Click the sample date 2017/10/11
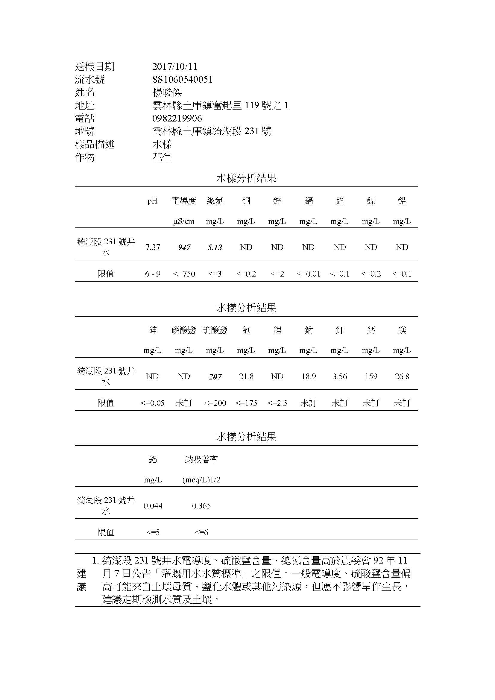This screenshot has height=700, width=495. [175, 66]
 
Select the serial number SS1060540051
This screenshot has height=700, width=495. [182, 80]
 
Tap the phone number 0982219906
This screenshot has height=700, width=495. [177, 118]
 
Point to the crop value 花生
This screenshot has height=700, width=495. [162, 157]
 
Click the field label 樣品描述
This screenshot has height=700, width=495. [95, 144]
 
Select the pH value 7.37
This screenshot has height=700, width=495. [153, 247]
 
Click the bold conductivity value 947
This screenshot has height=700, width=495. [184, 247]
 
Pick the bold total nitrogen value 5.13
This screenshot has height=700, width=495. [215, 247]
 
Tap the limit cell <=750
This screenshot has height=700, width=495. [184, 274]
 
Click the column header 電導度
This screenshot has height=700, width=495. [184, 201]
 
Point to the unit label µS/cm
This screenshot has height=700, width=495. [184, 221]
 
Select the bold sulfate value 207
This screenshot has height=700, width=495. [215, 377]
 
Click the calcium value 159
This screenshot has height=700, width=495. [371, 376]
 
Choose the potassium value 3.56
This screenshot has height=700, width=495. [340, 376]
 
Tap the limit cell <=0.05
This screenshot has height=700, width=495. [152, 403]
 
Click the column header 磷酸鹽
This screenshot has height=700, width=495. [184, 330]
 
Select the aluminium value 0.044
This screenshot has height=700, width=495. [153, 506]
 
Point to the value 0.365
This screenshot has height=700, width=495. [201, 506]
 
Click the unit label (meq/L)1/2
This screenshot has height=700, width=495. [201, 480]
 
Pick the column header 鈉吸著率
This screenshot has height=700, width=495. [201, 459]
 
